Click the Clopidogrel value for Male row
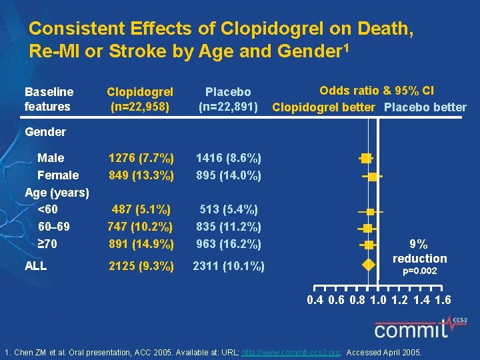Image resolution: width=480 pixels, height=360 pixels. point(141,158)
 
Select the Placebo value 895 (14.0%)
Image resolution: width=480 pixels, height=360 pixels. point(228,175)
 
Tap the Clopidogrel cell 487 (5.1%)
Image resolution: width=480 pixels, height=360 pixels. point(141,210)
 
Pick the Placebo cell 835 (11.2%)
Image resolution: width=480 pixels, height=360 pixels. point(228,227)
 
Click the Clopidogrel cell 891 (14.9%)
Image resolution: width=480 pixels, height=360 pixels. point(141,244)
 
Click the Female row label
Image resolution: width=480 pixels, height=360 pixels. point(58,175)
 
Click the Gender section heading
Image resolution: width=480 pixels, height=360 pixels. point(45,132)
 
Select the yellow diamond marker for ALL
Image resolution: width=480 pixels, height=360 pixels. point(367,266)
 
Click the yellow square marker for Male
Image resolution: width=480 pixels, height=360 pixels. point(365,158)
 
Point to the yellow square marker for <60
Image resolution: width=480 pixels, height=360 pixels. point(371,211)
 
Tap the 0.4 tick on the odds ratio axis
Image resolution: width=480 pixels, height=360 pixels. point(315,301)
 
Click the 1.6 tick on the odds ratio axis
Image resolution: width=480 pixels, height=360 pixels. point(442,301)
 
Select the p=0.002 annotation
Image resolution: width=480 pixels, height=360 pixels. point(419,272)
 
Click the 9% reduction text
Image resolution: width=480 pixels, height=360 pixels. point(419,251)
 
